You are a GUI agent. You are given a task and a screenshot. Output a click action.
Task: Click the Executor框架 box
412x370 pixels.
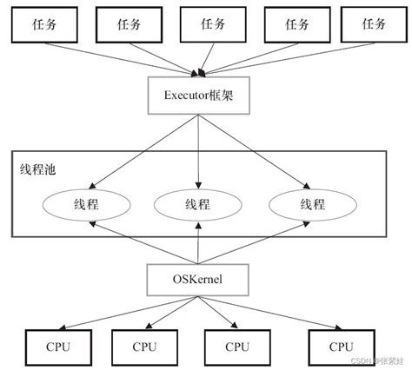tap(201, 93)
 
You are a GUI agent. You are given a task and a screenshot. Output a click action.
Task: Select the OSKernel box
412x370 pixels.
tap(201, 279)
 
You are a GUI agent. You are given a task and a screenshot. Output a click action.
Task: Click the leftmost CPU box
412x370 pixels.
tap(53, 345)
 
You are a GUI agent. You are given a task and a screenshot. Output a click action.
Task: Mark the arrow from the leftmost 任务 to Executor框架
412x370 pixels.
tap(122, 56)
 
